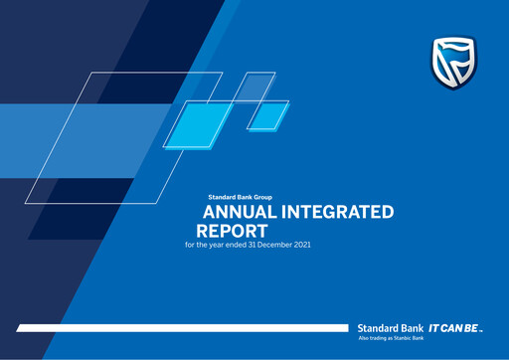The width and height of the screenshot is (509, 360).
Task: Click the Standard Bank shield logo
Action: point(452,62)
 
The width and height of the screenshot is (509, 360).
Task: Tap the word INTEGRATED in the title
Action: point(342,212)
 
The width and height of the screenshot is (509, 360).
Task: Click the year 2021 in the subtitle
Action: point(300,244)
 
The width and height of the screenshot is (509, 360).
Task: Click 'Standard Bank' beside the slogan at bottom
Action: point(391,326)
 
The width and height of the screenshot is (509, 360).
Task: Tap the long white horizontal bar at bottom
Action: point(179,326)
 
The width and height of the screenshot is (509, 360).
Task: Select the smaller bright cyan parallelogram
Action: point(267,115)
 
